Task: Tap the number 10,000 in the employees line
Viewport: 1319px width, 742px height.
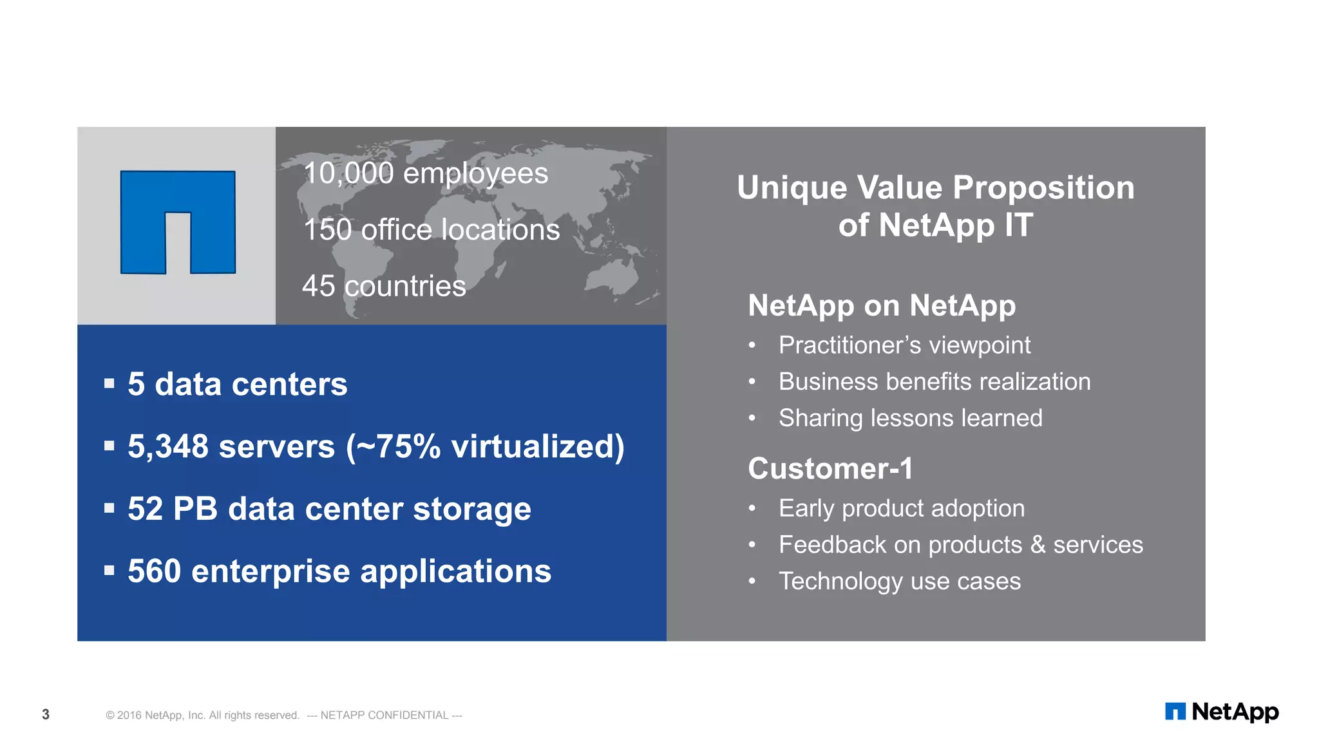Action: pos(348,173)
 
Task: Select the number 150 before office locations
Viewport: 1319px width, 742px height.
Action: pos(327,230)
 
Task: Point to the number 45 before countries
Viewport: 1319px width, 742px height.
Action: pos(318,286)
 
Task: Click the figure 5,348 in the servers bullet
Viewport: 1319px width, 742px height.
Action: pos(168,446)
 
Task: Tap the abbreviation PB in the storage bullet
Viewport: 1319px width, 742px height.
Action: pos(195,509)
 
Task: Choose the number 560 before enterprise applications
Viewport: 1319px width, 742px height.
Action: pos(154,571)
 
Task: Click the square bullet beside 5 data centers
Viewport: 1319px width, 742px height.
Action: pos(109,384)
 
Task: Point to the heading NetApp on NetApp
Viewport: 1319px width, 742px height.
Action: pos(882,305)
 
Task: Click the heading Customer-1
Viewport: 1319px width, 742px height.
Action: pos(830,468)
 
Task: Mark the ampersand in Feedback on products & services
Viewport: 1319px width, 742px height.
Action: pos(1038,545)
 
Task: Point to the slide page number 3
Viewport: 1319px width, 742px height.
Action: pos(46,714)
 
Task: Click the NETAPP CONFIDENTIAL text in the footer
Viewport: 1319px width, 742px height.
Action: pos(384,716)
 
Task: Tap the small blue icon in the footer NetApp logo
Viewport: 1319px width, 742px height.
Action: pos(1175,712)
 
